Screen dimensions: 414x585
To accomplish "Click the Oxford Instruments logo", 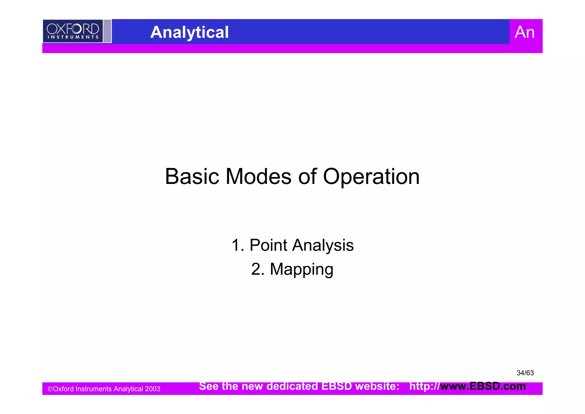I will tap(73, 31).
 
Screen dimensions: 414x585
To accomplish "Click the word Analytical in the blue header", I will tap(189, 32).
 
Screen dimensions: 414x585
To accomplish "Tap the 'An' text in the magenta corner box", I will tap(524, 32).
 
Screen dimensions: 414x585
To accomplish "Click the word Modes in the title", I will tap(259, 177).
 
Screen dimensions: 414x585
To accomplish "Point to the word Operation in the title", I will tap(371, 177).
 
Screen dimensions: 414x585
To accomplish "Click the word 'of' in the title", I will tap(307, 177).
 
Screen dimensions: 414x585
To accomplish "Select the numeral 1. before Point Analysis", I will tap(238, 245).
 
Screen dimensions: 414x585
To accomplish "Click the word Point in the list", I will tap(268, 245).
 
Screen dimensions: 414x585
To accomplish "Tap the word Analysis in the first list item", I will tap(323, 245).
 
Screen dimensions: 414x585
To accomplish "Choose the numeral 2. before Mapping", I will tap(258, 270).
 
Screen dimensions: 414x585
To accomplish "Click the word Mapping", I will tap(301, 270).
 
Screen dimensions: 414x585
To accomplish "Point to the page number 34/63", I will tap(525, 373).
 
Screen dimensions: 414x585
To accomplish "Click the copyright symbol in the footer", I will tap(50, 389).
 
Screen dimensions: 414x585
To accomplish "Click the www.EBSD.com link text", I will tap(483, 386).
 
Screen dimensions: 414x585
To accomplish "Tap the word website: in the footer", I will tap(377, 386).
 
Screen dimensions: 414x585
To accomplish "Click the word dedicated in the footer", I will tap(292, 386).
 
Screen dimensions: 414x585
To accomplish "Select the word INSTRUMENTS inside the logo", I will tap(73, 37).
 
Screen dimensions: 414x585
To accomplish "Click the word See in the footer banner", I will tap(209, 386).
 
